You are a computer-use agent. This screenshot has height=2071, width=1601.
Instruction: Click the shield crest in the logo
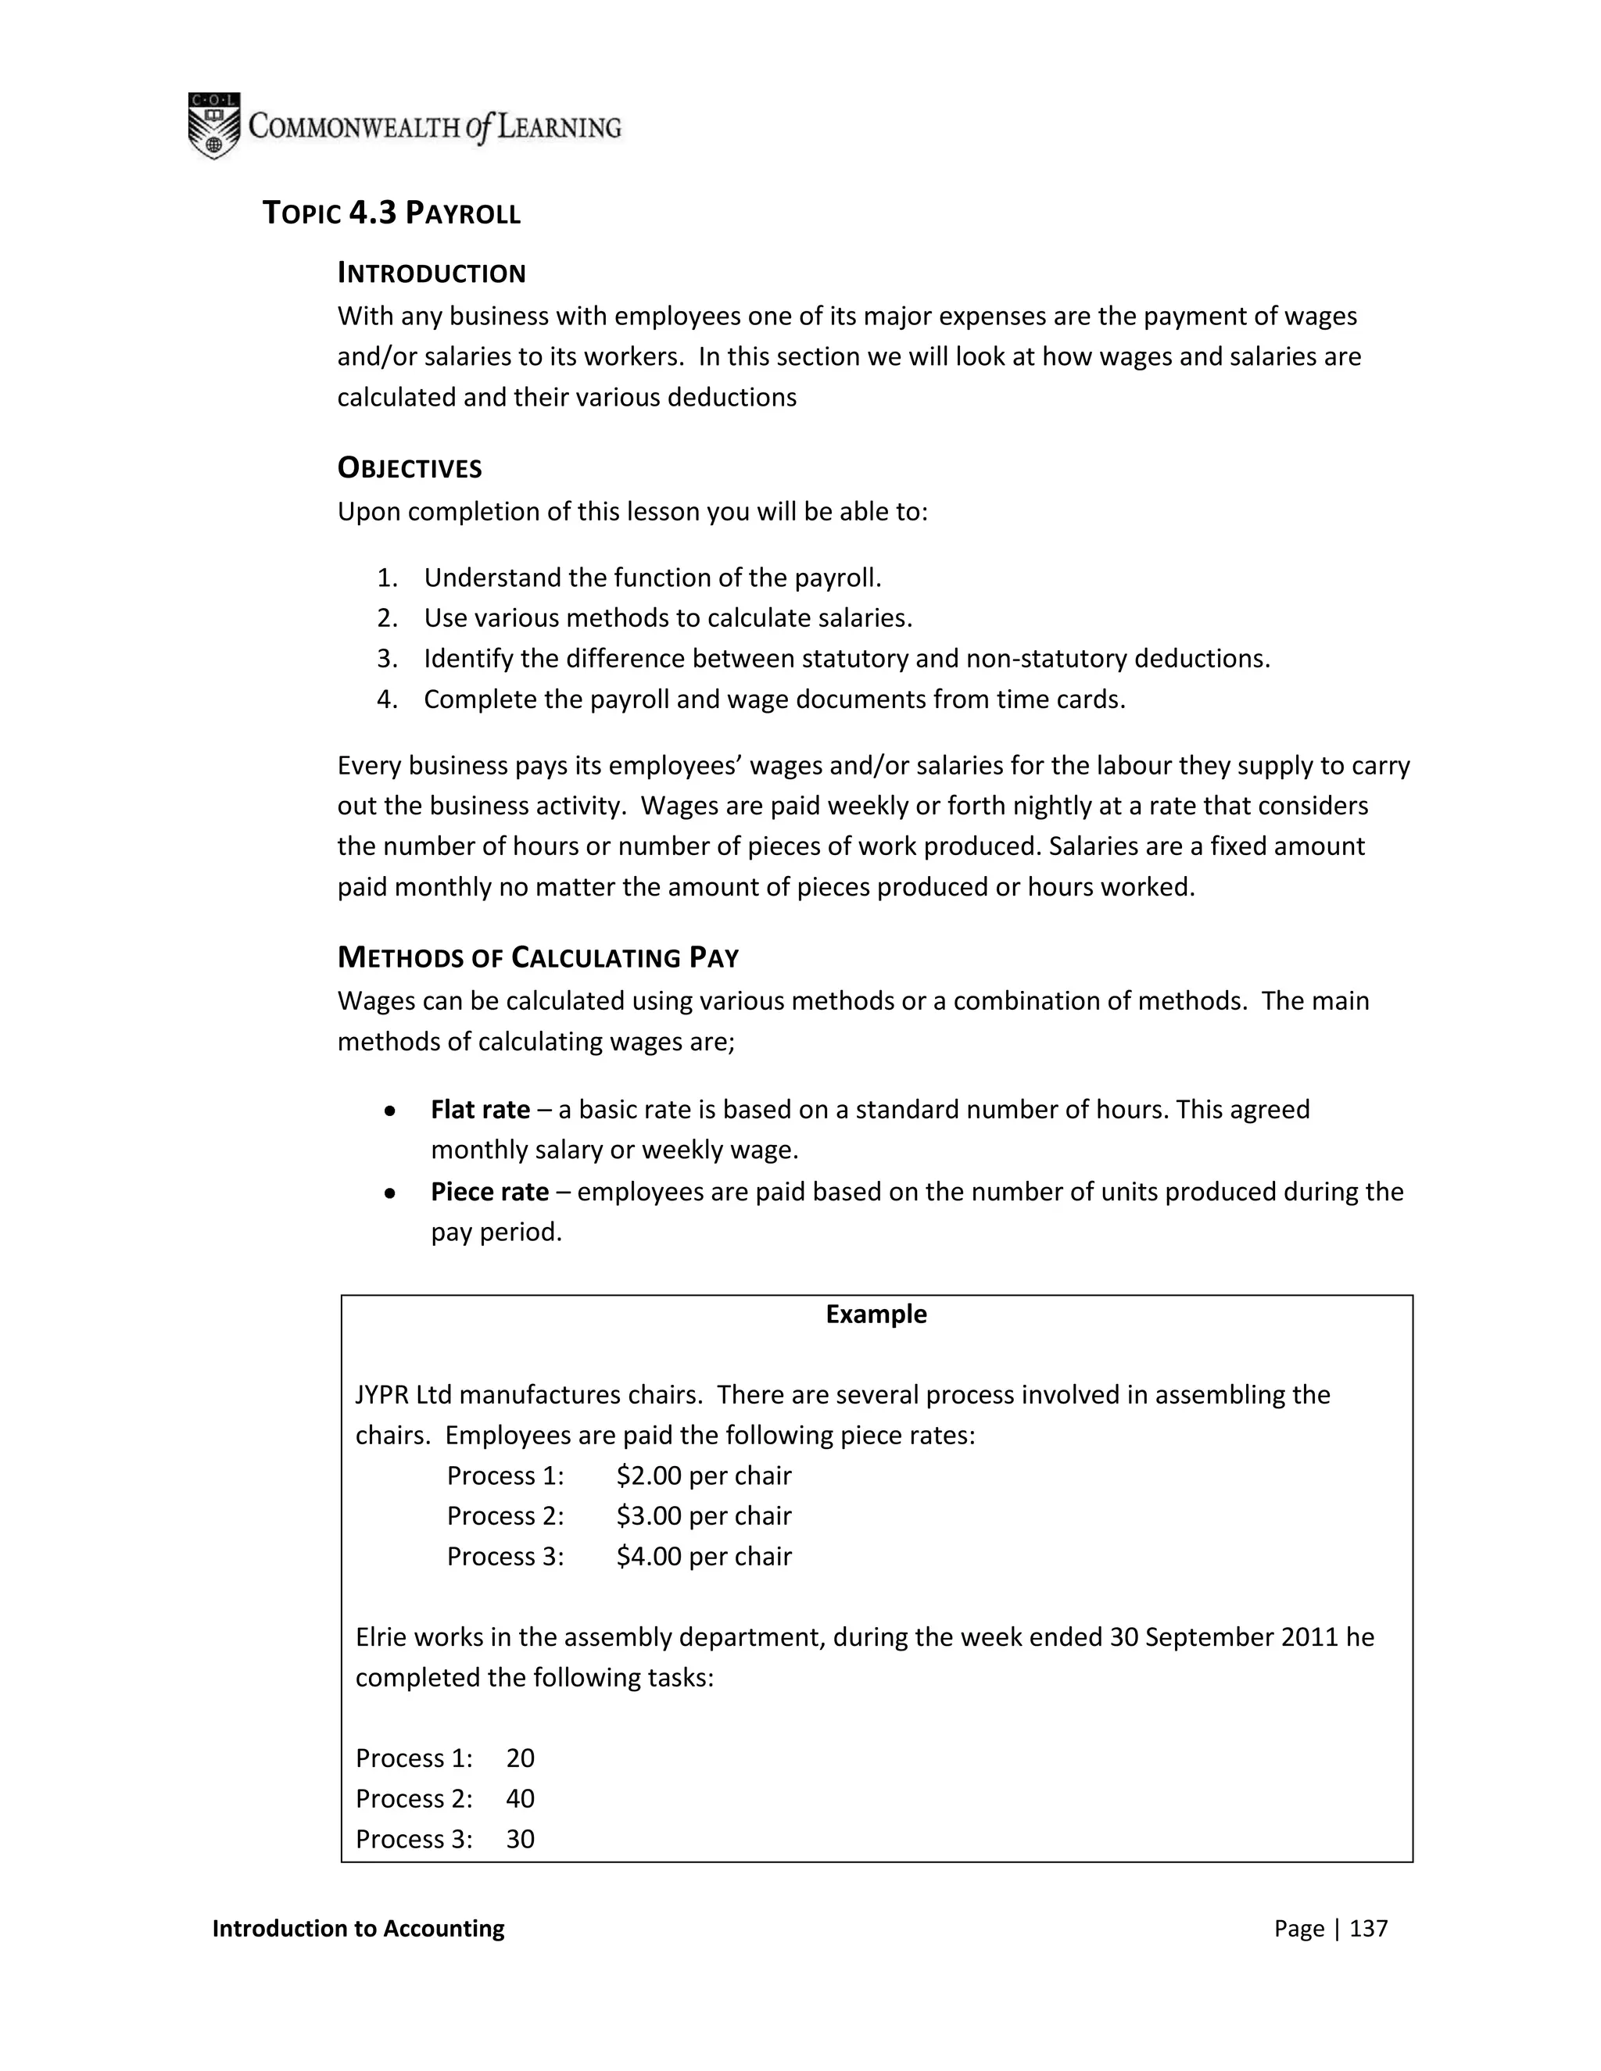pyautogui.click(x=213, y=125)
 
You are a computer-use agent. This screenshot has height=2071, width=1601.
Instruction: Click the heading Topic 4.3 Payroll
pyautogui.click(x=391, y=213)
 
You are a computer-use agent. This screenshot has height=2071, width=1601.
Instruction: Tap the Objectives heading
pyautogui.click(x=409, y=467)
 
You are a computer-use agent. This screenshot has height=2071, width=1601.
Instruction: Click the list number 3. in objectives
pyautogui.click(x=386, y=658)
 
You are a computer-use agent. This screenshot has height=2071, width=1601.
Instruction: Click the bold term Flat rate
pyautogui.click(x=480, y=1110)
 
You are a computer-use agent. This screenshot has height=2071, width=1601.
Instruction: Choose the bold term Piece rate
pyautogui.click(x=489, y=1191)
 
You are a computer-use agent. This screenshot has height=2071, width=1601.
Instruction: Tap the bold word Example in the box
pyautogui.click(x=876, y=1314)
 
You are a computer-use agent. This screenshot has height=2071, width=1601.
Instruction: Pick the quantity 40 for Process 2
pyautogui.click(x=520, y=1799)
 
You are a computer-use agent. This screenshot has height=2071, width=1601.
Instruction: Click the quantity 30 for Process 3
pyautogui.click(x=520, y=1839)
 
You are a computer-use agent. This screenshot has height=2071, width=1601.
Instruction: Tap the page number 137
pyautogui.click(x=1368, y=1929)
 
